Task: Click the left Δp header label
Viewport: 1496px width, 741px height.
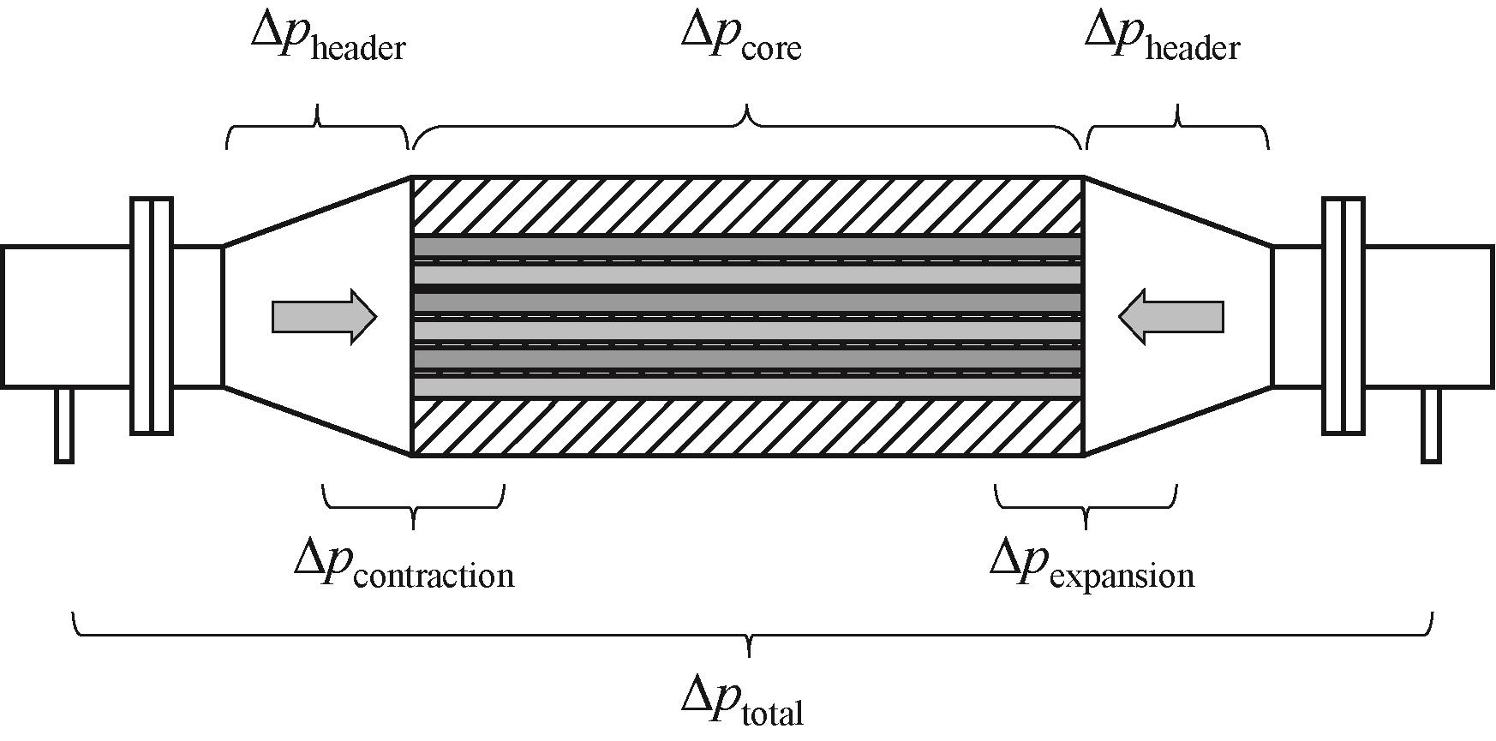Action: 328,39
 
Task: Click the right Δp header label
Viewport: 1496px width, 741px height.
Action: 1162,39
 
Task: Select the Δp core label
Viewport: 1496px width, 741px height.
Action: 741,39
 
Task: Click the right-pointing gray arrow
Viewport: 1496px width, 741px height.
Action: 324,317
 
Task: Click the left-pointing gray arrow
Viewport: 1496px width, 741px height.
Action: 1170,317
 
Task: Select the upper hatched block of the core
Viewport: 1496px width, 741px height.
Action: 747,206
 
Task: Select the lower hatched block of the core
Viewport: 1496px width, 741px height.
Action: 747,427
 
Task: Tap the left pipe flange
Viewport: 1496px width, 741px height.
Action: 152,316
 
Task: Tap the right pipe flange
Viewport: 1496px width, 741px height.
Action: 1343,316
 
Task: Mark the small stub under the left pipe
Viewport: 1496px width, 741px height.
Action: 63,426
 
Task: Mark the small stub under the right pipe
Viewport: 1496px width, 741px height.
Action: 1431,426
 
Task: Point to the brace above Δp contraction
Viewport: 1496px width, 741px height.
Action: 414,506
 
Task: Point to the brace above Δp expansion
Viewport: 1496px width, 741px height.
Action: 1086,506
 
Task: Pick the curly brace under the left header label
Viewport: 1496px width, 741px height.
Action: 317,127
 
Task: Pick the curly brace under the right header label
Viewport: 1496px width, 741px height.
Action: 1177,127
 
